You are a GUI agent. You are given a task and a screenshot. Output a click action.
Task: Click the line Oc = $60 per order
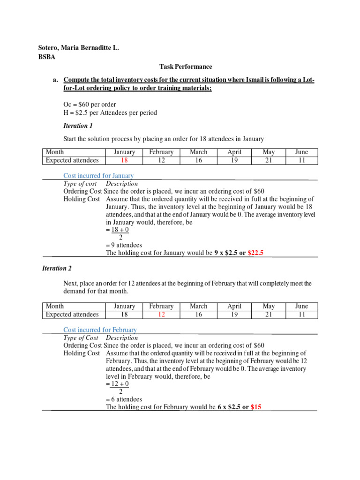click(x=90, y=104)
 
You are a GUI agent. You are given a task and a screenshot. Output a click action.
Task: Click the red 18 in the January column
click(x=125, y=160)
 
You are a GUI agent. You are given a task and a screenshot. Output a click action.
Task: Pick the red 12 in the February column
click(x=161, y=315)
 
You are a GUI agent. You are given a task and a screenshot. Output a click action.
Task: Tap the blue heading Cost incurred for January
click(x=98, y=176)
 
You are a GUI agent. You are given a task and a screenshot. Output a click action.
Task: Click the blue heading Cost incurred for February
click(x=100, y=330)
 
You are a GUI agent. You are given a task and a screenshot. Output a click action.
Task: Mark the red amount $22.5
click(x=255, y=253)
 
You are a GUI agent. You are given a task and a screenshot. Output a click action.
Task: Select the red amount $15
click(x=256, y=407)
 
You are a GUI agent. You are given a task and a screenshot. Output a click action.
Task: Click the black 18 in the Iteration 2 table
click(x=125, y=315)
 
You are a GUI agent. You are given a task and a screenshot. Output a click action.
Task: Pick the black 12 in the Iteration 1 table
click(x=161, y=160)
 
